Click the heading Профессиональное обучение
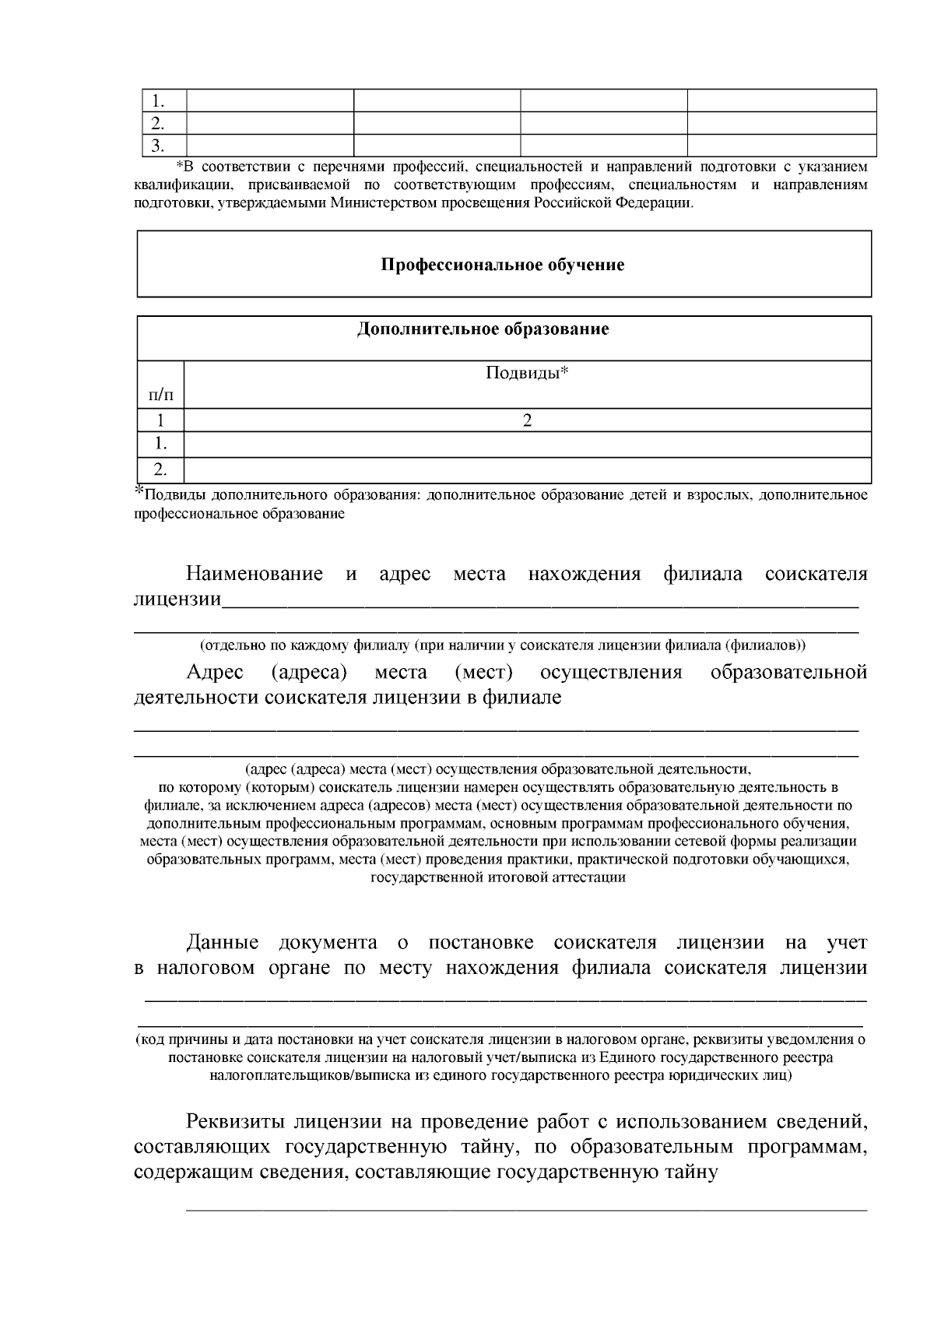tap(502, 265)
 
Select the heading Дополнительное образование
tap(483, 329)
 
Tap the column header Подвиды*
tap(527, 373)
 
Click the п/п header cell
tap(160, 396)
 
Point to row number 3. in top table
tap(159, 146)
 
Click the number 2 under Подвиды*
tap(527, 421)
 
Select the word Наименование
tap(254, 575)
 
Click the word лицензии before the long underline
tap(177, 600)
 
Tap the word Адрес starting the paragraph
tap(215, 672)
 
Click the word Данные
tap(222, 943)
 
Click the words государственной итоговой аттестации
tap(498, 877)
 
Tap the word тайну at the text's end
tap(683, 1172)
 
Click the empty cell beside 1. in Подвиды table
tap(527, 445)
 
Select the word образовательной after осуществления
tap(788, 672)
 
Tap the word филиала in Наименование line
tap(702, 575)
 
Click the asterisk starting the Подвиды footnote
tap(139, 490)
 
